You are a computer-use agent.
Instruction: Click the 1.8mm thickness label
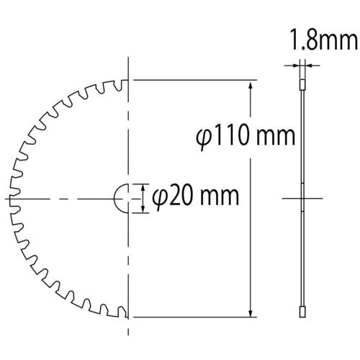(x=324, y=40)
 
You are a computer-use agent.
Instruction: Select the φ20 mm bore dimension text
(x=196, y=197)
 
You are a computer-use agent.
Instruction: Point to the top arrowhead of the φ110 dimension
(x=251, y=86)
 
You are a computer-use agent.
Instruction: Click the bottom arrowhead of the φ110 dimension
(x=251, y=312)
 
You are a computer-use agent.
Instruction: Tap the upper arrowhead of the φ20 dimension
(x=143, y=188)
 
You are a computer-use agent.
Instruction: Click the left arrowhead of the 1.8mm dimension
(x=296, y=65)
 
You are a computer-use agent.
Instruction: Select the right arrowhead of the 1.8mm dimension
(x=308, y=65)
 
